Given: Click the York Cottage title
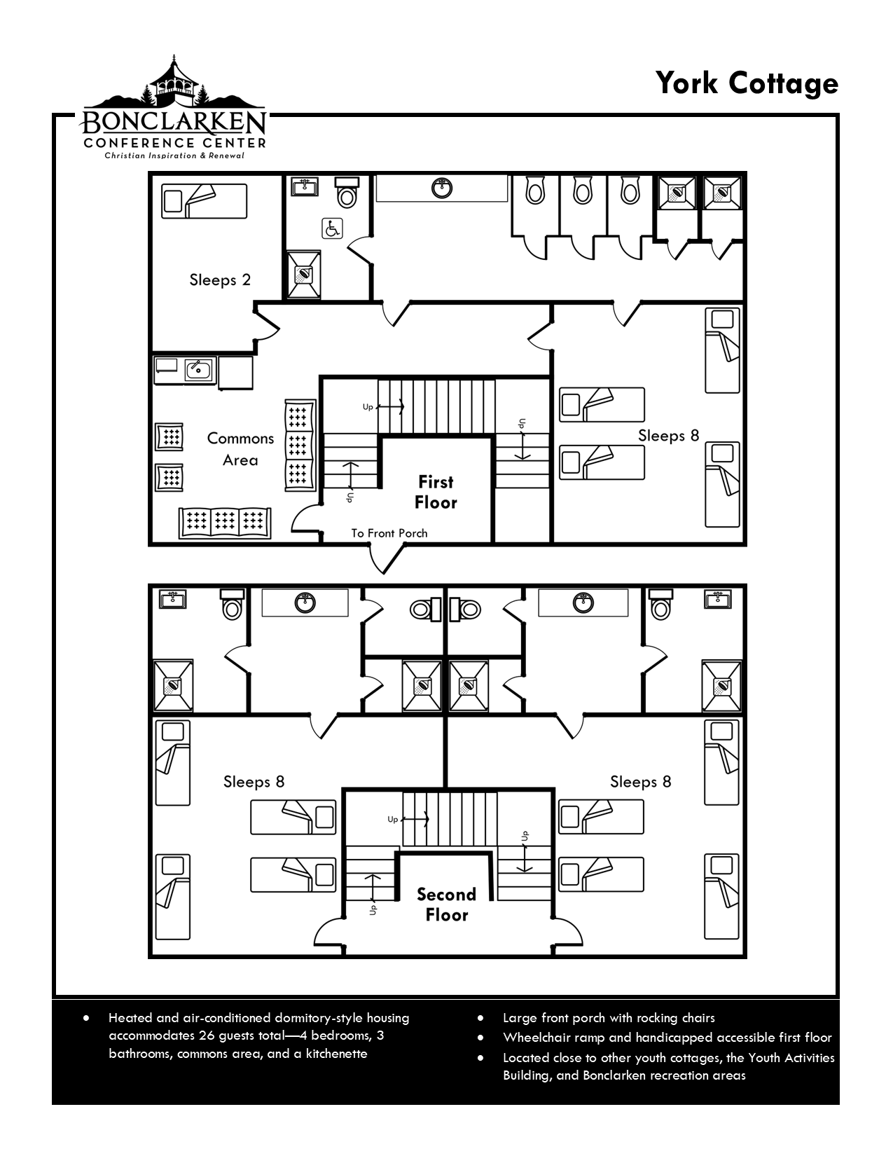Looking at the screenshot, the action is point(747,83).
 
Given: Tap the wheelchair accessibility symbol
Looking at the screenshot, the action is point(332,229).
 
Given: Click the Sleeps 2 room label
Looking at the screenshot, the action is point(220,280).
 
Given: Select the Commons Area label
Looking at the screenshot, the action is point(240,449).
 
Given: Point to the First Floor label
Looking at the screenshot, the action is point(436,492).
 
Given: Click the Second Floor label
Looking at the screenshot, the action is point(447,904).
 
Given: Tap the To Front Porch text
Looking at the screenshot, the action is point(389,533).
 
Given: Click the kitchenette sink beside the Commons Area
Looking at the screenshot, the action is point(198,369).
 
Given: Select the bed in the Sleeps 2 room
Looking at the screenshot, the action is point(205,201).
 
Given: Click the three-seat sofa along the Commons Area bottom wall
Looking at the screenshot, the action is point(225,523).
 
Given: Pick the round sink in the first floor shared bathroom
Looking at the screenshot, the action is point(441,188).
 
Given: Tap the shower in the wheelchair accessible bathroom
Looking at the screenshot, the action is point(304,275).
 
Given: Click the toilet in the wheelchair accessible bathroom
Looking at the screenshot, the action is point(347,193).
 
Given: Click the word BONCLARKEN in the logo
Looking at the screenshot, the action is point(172,123).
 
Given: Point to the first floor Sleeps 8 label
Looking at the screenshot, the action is point(669,436).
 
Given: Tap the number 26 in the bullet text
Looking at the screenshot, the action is point(207,1035).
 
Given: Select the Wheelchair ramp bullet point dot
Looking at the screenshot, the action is point(480,1038).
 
